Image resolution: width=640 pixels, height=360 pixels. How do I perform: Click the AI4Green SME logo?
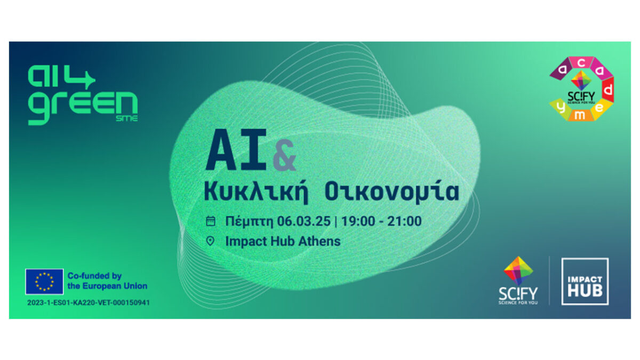pos(83,95)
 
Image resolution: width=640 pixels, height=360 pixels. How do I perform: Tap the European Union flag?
pos(44,282)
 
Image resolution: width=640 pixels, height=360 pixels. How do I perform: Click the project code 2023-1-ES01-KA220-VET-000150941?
pos(89,302)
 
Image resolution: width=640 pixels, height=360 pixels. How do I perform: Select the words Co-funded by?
pos(94,276)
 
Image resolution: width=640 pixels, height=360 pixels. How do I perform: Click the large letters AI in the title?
pos(236,150)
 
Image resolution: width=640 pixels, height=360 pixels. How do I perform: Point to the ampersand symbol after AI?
pos(284,155)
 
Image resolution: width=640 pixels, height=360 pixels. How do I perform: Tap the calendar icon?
pos(211,221)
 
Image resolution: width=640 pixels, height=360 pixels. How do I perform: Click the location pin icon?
pos(210,241)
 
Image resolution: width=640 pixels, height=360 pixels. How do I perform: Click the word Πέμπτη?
pos(250,222)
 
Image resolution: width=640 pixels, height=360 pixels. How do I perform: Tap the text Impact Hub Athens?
pos(283,241)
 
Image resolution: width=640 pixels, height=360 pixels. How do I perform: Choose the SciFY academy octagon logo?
pos(581,89)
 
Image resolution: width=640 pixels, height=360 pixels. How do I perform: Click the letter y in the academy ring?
pos(561,108)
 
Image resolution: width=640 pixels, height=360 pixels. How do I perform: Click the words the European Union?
pos(107,286)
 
